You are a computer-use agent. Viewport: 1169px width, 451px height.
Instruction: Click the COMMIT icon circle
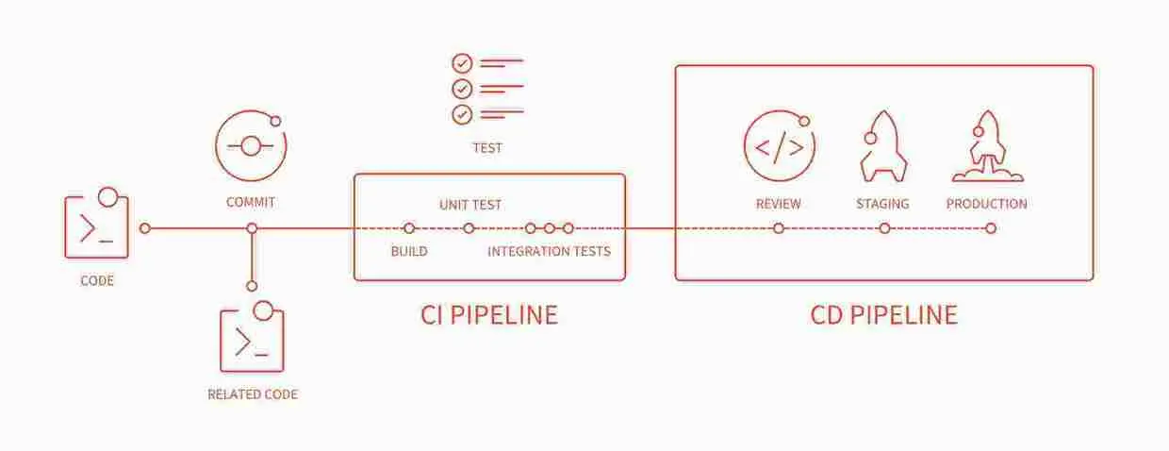pos(251,145)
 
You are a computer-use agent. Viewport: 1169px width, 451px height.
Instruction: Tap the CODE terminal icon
pos(96,226)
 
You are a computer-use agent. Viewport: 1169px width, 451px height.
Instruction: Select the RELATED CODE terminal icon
pos(252,340)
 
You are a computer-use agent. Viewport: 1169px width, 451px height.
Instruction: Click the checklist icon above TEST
pos(486,90)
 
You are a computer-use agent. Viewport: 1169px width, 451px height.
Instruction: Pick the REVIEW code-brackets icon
pos(779,146)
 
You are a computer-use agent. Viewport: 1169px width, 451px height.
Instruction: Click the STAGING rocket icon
pos(883,145)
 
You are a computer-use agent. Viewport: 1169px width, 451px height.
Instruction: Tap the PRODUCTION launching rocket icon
pos(987,146)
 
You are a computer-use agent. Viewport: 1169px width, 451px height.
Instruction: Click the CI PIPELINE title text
pos(488,314)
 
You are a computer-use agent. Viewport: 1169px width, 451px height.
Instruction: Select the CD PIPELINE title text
pos(883,314)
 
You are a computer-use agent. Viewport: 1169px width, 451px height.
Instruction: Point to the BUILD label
pos(409,251)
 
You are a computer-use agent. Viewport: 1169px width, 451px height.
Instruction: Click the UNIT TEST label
pos(470,205)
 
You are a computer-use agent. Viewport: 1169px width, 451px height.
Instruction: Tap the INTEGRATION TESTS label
pos(549,251)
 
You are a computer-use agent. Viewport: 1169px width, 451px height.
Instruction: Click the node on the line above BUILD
pos(409,228)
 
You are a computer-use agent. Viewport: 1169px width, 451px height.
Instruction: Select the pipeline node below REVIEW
pos(779,228)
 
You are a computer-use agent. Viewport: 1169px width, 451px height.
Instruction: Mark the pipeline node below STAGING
pos(884,228)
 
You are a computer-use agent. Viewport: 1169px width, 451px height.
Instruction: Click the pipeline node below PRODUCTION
pos(990,228)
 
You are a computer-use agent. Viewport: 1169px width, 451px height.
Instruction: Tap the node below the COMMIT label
pos(252,228)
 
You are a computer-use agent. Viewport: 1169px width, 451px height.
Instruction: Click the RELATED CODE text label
pos(253,394)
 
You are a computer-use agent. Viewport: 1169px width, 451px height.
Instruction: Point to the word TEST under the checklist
pos(487,148)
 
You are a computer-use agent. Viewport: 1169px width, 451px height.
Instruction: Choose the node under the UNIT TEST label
pos(469,228)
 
